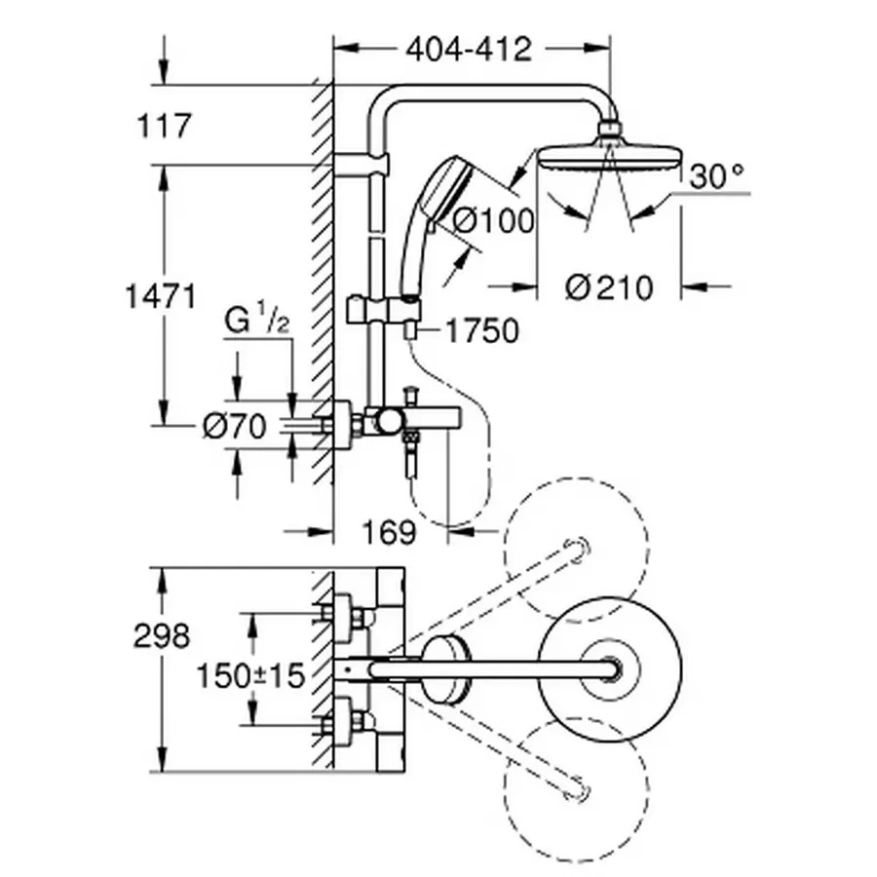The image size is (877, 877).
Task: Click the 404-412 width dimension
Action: click(x=470, y=49)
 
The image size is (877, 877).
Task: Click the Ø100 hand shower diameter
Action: click(x=494, y=221)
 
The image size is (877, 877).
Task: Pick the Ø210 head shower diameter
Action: click(x=608, y=287)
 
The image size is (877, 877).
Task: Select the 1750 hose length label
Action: click(x=481, y=331)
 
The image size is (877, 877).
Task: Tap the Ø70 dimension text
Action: click(x=234, y=427)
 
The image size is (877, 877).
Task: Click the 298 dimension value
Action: click(x=163, y=636)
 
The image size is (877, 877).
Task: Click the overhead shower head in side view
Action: click(x=609, y=156)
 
